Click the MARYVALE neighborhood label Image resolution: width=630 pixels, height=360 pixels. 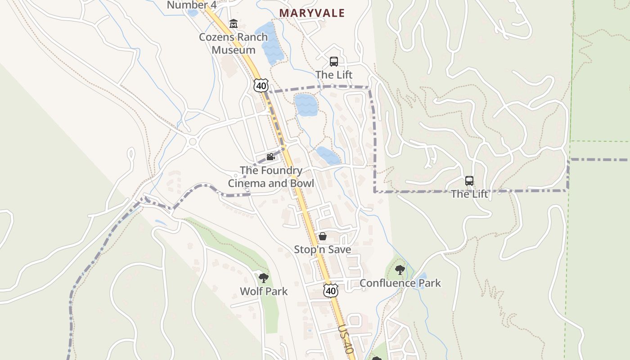[312, 13]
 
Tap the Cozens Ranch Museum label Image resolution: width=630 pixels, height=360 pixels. [233, 43]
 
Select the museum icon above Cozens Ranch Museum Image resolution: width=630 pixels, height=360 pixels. [233, 24]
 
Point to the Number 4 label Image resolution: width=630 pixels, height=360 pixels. [191, 5]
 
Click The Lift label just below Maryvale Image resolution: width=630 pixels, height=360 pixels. [333, 75]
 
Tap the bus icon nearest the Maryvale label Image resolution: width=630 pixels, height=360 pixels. [333, 62]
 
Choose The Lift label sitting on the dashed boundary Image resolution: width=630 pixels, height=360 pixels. [469, 194]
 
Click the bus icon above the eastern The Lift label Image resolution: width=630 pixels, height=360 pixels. [469, 181]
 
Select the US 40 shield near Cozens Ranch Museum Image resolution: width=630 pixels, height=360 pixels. [261, 85]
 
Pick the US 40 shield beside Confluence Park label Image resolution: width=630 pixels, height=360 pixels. [331, 291]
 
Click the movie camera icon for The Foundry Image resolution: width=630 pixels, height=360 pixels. [270, 157]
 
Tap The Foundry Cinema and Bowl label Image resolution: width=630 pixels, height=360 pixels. [271, 177]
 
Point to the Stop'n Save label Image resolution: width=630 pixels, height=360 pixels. [322, 249]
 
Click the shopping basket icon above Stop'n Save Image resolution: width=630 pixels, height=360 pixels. [322, 236]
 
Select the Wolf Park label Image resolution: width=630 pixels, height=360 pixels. [264, 291]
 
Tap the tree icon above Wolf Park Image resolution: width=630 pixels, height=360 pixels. [264, 278]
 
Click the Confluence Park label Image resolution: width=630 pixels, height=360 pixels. [400, 283]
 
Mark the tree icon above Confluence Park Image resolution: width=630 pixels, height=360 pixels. [400, 270]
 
